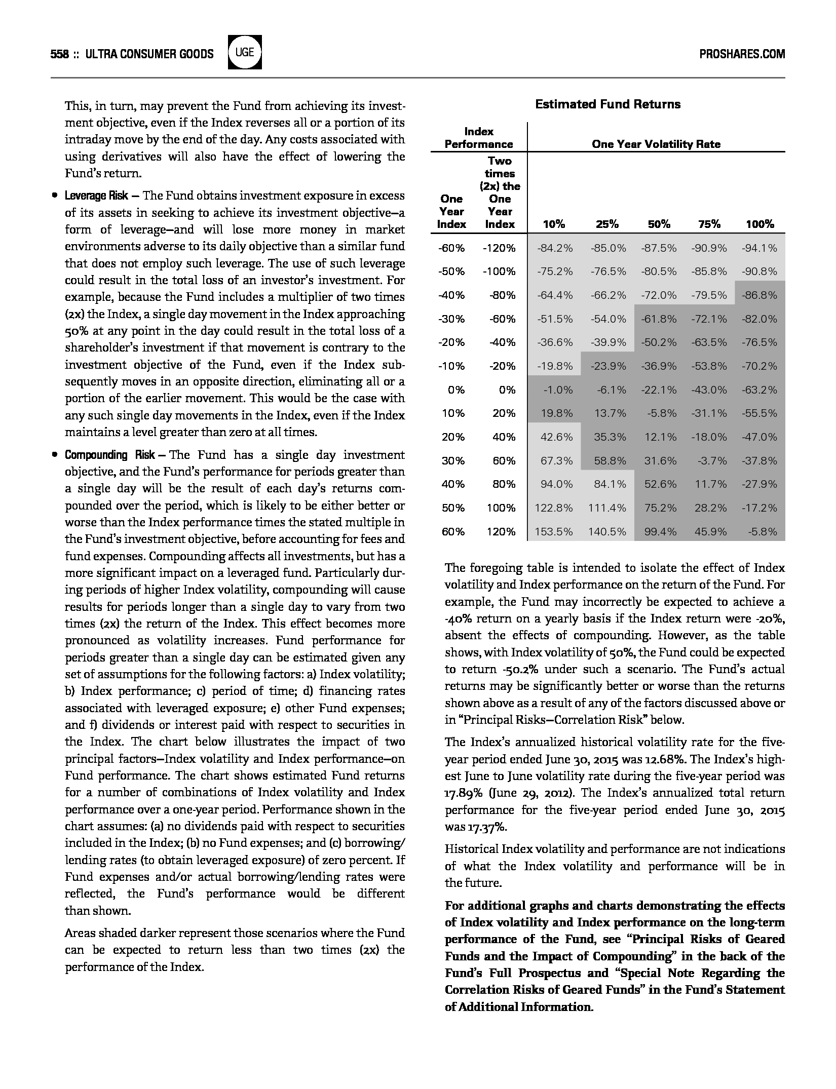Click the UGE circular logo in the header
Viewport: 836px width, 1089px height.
(x=245, y=52)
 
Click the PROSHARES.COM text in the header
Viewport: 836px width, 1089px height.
(x=742, y=54)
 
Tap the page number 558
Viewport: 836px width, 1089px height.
(x=60, y=54)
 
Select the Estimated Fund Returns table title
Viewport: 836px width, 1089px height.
(x=607, y=104)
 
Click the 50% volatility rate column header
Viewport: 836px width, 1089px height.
(x=659, y=224)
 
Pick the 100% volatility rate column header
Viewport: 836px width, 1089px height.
(x=759, y=224)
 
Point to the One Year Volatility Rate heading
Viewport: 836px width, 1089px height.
(x=656, y=144)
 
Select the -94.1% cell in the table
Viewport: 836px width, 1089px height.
(x=759, y=248)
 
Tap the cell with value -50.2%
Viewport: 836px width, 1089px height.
(x=659, y=342)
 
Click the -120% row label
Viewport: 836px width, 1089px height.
(x=499, y=248)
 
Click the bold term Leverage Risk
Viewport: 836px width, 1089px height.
(x=96, y=196)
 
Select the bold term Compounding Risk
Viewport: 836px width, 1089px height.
(x=109, y=455)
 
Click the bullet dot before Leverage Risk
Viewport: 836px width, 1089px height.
(x=54, y=196)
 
